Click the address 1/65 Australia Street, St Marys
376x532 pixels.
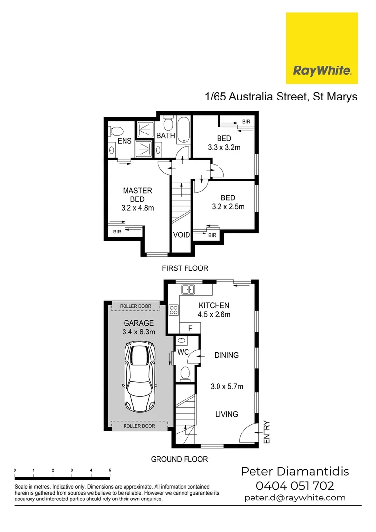[281, 96]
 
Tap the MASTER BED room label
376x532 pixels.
[137, 195]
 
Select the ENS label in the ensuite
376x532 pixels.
[125, 141]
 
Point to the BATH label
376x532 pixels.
[166, 135]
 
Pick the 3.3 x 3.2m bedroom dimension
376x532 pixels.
[223, 147]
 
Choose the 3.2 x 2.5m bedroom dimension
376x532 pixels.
[228, 207]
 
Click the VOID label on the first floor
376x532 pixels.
[181, 235]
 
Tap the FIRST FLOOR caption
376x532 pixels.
[186, 268]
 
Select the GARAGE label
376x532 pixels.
[138, 323]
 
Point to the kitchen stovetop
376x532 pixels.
[174, 310]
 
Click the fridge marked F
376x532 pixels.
[191, 328]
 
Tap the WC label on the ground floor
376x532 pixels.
[183, 352]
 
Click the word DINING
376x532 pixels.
[226, 355]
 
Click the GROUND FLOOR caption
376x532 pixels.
[179, 459]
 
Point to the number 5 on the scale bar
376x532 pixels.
[110, 471]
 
